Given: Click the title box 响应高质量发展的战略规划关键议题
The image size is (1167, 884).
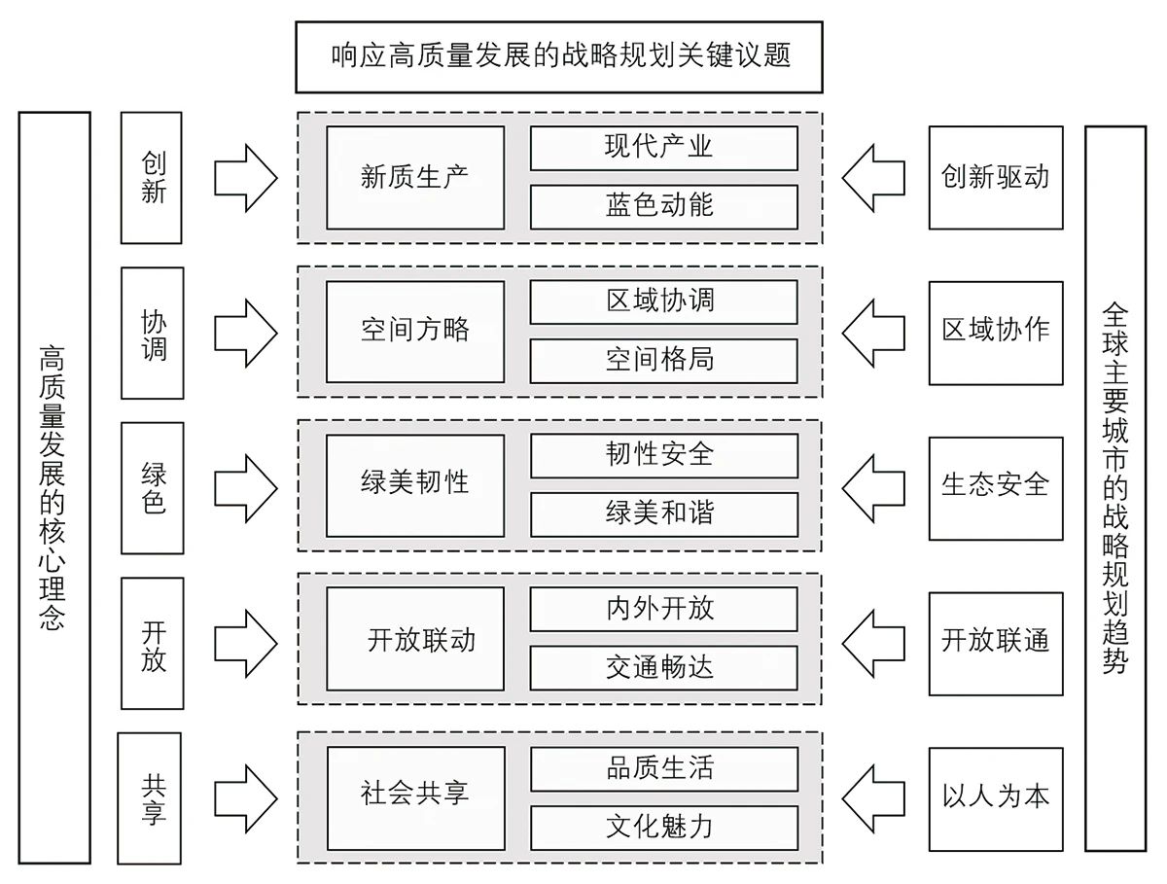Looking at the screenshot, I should pos(559,56).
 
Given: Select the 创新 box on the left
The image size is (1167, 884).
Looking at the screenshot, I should pos(152,177).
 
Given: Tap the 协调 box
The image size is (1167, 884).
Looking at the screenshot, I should pos(152,333).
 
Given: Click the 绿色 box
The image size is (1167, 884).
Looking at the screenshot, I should pos(152,487).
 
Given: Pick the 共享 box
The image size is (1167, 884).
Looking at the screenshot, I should pos(150,797).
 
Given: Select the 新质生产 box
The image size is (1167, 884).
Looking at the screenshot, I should pos(415,177).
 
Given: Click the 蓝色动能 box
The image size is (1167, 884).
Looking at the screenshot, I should pos(663,206).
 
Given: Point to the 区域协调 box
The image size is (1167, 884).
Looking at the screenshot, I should pos(663,301).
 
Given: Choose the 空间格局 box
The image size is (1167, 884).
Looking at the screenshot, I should pos(663,360).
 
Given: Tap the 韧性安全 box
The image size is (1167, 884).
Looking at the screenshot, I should pos(663,454).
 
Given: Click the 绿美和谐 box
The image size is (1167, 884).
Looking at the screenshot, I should pos(663,513).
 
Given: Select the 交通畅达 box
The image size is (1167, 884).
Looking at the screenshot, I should pos(663,668).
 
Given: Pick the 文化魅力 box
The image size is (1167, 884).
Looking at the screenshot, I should pos(663,827).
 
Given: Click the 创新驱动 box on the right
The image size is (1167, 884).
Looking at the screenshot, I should pos(996,177).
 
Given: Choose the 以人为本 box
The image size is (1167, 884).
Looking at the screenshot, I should pos(996,797).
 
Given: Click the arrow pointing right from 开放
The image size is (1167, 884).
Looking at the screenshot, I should pos(245,642).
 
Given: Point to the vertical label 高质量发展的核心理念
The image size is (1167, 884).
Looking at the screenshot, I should pos(54,487).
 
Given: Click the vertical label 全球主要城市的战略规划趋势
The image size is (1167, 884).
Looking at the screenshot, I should pos(1114,487).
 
